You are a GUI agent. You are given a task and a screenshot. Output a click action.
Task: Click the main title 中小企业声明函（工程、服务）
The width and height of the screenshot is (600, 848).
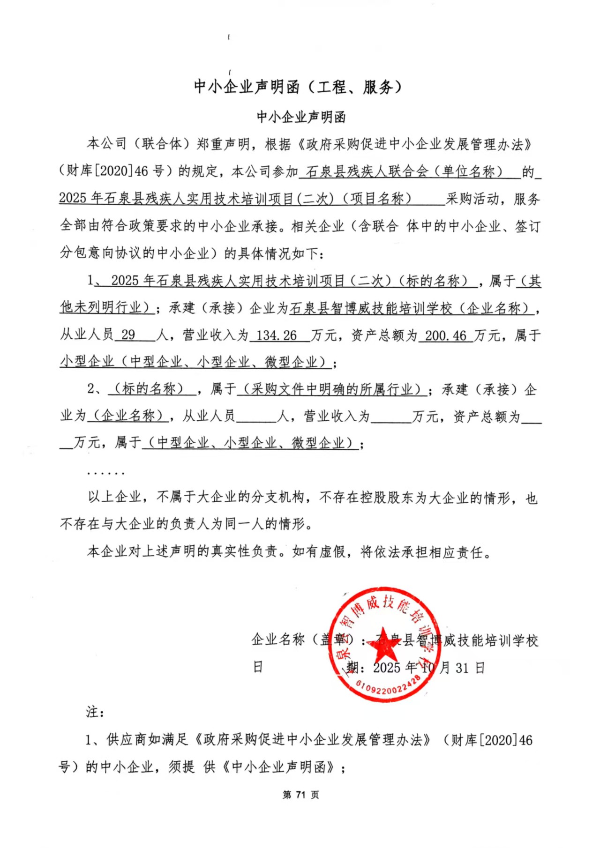[298, 87]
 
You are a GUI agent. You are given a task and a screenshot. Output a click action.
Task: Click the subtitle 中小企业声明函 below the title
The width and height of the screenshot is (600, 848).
[301, 117]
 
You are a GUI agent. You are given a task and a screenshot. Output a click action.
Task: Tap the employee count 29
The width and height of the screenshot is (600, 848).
[128, 335]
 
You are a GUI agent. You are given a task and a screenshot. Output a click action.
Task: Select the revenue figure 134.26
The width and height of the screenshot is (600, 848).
[277, 335]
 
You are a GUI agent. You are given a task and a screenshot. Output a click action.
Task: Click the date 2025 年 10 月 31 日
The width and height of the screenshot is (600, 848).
[428, 668]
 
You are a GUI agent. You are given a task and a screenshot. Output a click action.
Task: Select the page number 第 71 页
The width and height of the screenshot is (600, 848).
[300, 795]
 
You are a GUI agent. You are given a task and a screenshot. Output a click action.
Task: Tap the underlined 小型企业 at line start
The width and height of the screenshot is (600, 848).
[87, 362]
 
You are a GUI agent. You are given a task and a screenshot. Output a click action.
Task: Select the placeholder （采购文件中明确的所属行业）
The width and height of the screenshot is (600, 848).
[331, 389]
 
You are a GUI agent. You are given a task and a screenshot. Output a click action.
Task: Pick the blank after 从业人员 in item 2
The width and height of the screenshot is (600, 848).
[256, 416]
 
